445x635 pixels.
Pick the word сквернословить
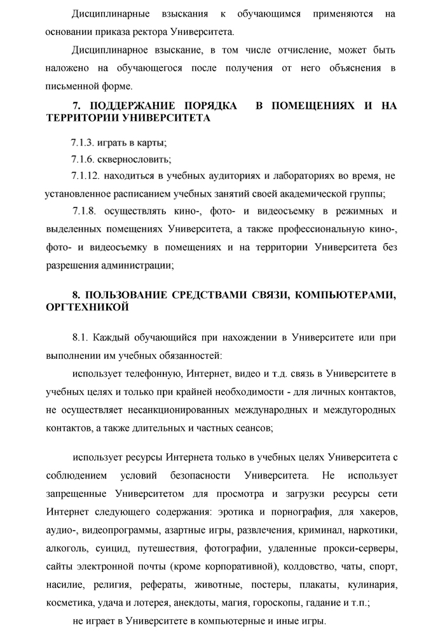135,158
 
